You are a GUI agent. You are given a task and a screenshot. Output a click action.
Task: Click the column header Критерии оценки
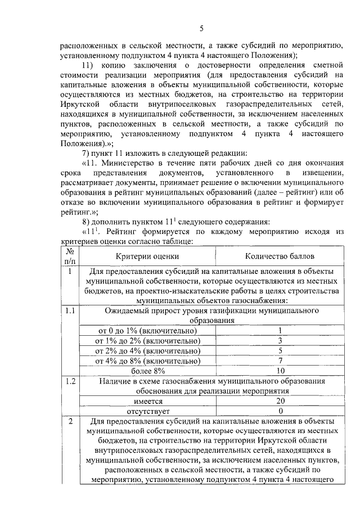pyautogui.click(x=147, y=256)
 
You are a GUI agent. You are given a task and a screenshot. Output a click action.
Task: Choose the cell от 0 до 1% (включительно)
pyautogui.click(x=147, y=330)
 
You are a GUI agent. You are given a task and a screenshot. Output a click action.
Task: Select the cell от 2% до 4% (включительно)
pyautogui.click(x=147, y=350)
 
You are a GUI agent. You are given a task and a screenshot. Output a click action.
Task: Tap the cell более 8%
pyautogui.click(x=147, y=371)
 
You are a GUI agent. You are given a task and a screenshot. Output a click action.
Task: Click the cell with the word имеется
pyautogui.click(x=147, y=401)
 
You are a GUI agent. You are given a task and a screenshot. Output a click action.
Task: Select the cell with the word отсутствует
pyautogui.click(x=147, y=411)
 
